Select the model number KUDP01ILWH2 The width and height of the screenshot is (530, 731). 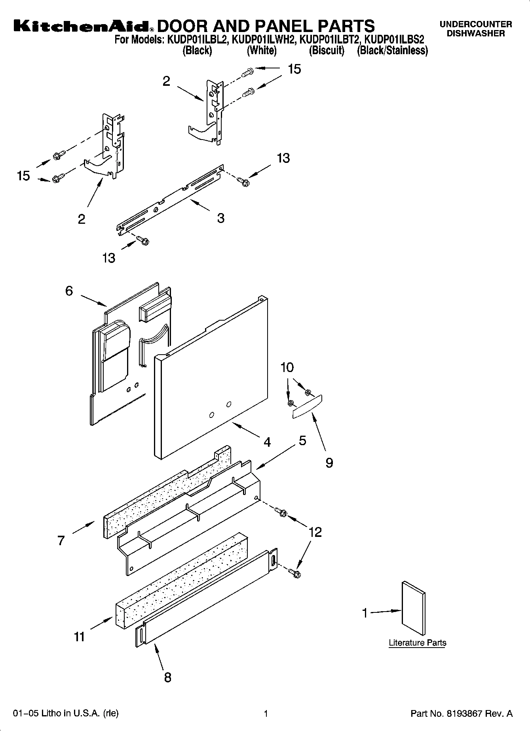coord(263,40)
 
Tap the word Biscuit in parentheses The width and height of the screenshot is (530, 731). coord(327,51)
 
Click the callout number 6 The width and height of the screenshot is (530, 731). coord(69,291)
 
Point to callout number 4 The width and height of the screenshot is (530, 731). coord(267,442)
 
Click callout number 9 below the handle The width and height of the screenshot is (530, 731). coord(329,463)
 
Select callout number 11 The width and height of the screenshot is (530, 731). coord(79,637)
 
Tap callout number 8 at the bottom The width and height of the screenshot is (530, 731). coord(167,677)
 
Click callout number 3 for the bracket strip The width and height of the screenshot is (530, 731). coord(220,218)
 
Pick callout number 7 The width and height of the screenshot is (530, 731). coord(61,540)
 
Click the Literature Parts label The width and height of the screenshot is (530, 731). coord(417,643)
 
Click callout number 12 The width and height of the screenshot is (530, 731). coord(315,532)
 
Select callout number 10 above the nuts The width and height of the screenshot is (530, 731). coord(287,368)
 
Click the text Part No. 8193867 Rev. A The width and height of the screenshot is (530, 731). coord(462,714)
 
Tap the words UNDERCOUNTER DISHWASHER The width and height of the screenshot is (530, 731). coord(476,29)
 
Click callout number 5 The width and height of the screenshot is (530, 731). coord(302,440)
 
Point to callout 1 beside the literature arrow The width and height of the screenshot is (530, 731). coord(365,613)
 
